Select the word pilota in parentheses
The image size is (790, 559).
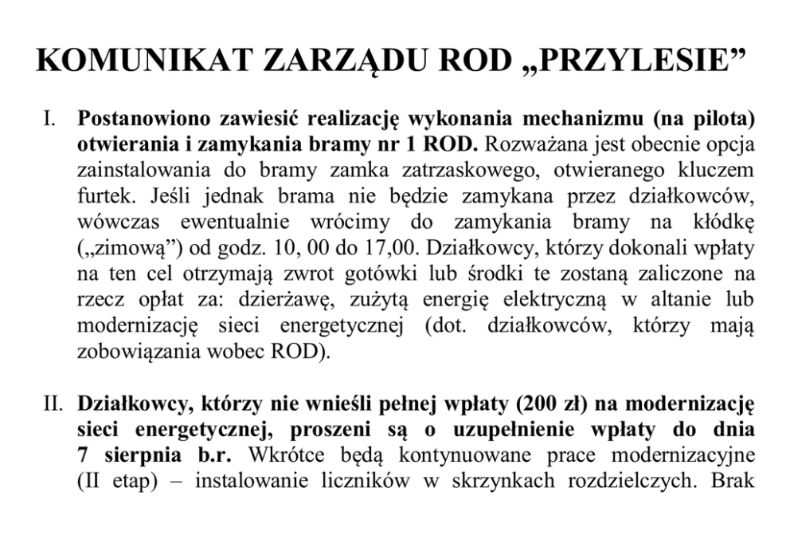[x=711, y=121]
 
